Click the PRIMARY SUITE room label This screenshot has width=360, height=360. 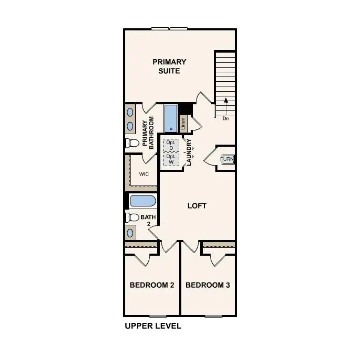coord(169,66)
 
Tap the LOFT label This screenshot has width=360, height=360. coord(197,206)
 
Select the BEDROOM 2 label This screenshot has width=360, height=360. coord(152,285)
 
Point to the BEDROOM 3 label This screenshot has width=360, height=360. coord(208,285)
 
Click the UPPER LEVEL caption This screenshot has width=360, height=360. coord(152,326)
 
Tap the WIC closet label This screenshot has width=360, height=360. coord(144,174)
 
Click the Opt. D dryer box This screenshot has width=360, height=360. coord(171,145)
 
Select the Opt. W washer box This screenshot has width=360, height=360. coord(171,159)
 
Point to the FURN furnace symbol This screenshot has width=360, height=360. coord(227,159)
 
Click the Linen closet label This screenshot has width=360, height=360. coord(183,124)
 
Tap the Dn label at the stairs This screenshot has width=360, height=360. coord(226,118)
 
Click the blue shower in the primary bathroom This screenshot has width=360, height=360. coord(171,119)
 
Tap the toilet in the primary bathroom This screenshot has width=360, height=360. coord(133,143)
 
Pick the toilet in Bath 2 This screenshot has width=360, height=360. coord(133,217)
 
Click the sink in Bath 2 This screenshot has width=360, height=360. coord(130,232)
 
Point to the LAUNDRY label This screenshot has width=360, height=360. coord(189,152)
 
